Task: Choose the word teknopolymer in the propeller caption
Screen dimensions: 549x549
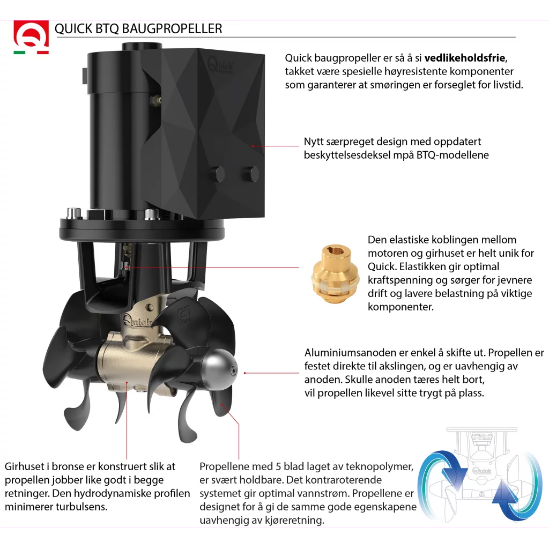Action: [380, 466]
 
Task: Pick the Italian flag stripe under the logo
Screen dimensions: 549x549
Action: [31, 53]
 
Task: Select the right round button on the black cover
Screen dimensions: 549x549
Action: [250, 173]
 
